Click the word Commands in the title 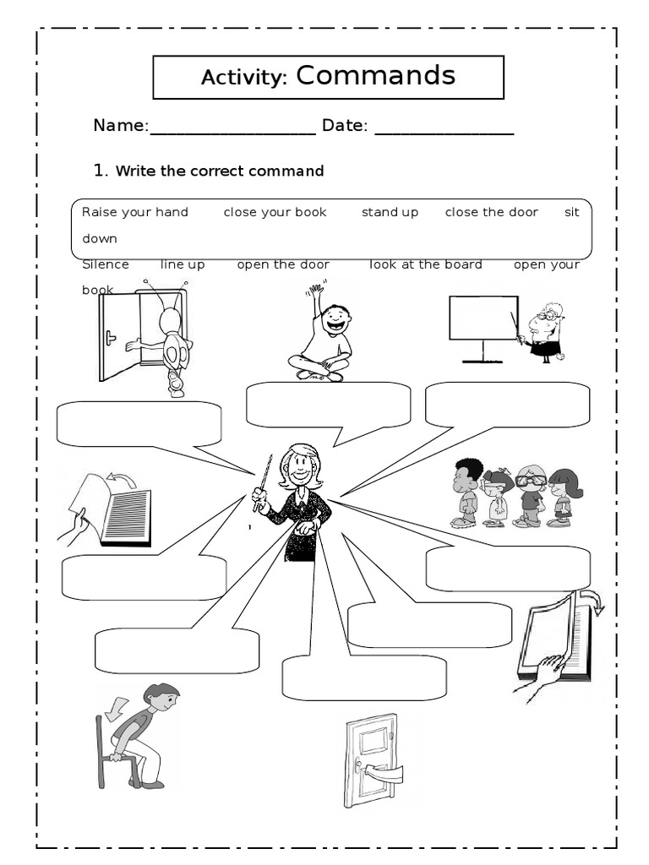(x=375, y=76)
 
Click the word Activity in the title (x=245, y=78)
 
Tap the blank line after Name (x=232, y=128)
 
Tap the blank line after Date (x=444, y=128)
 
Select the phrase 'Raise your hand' (x=135, y=212)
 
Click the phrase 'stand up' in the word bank (x=390, y=212)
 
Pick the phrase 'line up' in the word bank (x=183, y=264)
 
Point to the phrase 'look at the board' (x=426, y=264)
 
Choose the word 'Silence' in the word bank (x=106, y=264)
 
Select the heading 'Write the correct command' (x=219, y=171)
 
